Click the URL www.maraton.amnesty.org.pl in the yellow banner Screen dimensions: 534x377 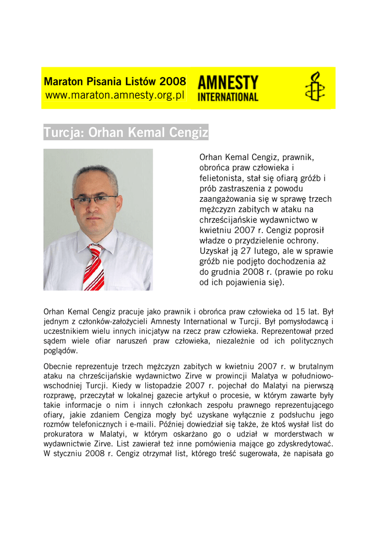pos(115,96)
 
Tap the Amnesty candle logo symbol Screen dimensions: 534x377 pos(314,87)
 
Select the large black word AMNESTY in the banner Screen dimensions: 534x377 pos(228,82)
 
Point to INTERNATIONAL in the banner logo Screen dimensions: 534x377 pos(228,97)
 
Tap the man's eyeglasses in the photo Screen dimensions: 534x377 pos(95,199)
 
